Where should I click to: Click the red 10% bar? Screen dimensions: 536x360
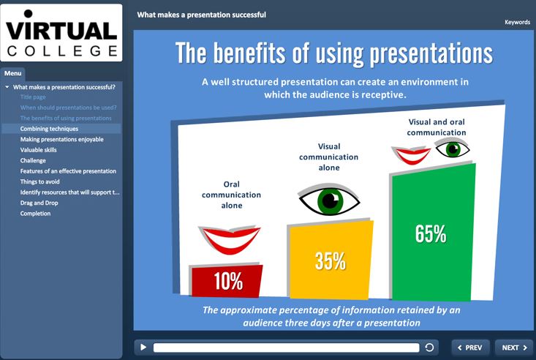[x=227, y=281]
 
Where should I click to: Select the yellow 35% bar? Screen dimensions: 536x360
[x=331, y=260]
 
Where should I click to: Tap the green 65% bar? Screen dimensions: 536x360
[x=433, y=233]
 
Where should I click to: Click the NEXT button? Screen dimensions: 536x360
[x=514, y=348]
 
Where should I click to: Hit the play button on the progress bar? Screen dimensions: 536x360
[x=143, y=348]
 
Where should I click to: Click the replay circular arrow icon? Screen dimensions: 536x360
[x=429, y=348]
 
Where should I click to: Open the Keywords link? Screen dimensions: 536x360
[x=517, y=22]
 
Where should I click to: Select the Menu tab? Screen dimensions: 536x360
[x=13, y=73]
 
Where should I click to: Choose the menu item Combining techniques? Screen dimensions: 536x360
[x=49, y=129]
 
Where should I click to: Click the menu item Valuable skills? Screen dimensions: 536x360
[x=38, y=150]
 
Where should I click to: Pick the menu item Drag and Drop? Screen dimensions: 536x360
[x=39, y=203]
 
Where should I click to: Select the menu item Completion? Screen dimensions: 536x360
[x=35, y=214]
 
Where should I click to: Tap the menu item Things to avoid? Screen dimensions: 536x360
[x=39, y=181]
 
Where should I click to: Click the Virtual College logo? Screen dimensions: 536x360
[x=61, y=33]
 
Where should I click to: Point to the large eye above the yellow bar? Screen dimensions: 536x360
[x=329, y=200]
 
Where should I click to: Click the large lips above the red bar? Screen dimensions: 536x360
[x=230, y=239]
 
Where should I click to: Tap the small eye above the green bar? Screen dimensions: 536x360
[x=453, y=149]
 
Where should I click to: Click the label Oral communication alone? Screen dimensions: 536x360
[x=231, y=195]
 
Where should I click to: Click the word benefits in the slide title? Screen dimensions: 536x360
[x=249, y=53]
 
